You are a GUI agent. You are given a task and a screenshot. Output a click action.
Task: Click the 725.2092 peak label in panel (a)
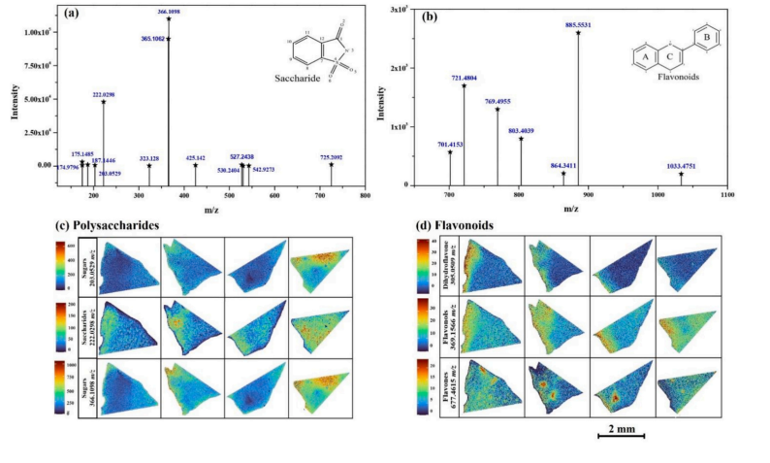tap(331, 156)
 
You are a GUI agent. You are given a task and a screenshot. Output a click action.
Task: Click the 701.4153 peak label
tap(450, 144)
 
